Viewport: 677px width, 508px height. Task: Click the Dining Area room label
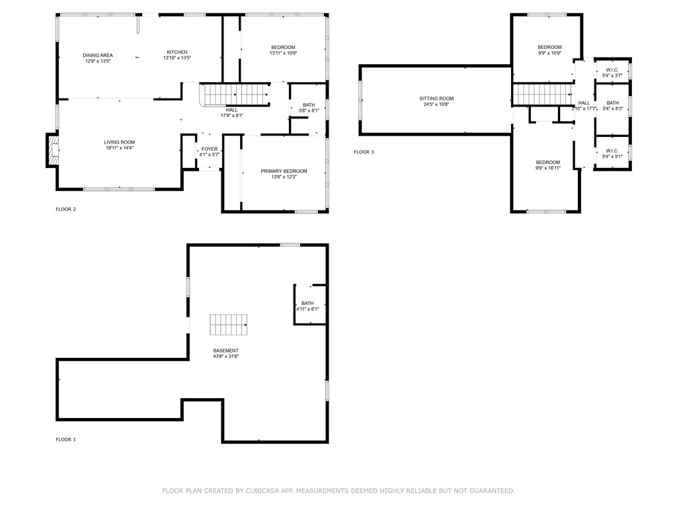[x=98, y=56]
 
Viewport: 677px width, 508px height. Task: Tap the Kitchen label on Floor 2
[x=177, y=52]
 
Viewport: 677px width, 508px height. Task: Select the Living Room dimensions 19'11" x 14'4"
[x=120, y=148]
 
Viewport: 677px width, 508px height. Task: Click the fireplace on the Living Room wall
[x=53, y=150]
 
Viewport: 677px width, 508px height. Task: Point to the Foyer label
[x=210, y=149]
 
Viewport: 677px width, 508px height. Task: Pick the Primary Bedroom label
[x=284, y=171]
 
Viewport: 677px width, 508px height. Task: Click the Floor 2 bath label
[x=309, y=105]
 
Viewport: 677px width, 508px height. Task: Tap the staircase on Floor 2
[x=235, y=95]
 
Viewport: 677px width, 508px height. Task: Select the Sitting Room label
[x=436, y=99]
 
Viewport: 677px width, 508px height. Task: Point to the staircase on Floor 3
[x=542, y=95]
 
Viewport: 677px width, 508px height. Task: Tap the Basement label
[x=226, y=351]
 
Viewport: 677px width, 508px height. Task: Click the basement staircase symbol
[x=229, y=325]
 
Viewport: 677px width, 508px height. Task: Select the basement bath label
[x=307, y=303]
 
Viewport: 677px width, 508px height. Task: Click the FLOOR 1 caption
[x=65, y=440]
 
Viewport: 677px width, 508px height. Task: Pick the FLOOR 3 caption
[x=364, y=152]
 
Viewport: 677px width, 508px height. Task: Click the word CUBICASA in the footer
[x=263, y=491]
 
